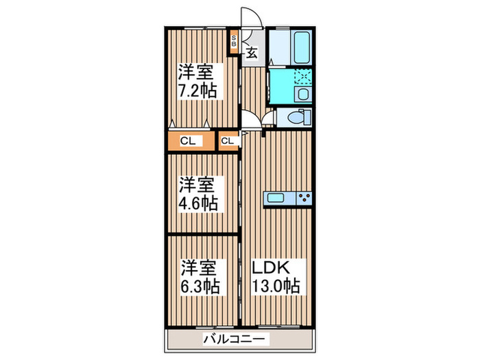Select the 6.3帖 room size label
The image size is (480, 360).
click(x=200, y=285)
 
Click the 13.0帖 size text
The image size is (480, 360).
click(x=277, y=285)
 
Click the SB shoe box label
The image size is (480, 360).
click(x=234, y=40)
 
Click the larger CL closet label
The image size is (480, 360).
click(x=187, y=141)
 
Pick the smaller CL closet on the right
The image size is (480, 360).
click(x=228, y=141)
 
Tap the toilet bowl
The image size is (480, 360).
click(x=293, y=117)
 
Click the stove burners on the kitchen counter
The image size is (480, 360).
click(x=304, y=198)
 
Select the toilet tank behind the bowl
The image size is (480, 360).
click(x=307, y=117)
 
